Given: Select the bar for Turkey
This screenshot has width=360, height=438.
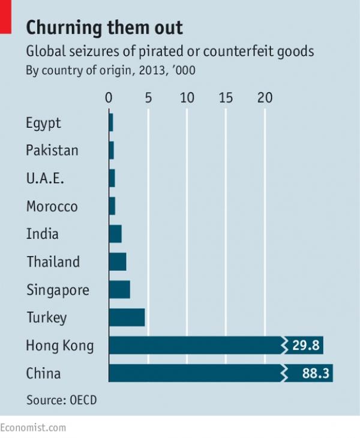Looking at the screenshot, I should point(127,317).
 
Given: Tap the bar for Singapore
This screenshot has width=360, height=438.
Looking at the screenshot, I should point(119,290).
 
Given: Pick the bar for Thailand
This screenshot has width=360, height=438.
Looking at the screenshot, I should point(118,262).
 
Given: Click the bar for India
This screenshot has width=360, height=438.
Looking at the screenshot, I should point(115,234).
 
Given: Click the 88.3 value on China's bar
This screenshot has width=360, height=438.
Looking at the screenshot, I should point(315,373).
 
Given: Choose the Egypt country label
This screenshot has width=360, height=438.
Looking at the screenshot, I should point(43,124).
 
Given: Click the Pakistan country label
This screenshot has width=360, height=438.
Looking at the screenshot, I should point(52,151).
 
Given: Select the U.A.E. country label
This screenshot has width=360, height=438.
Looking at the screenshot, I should point(45,179).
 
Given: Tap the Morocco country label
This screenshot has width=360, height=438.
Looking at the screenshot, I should point(52,206).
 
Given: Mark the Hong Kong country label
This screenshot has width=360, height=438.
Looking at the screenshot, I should point(59,346).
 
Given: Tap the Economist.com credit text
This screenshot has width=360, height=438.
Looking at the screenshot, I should point(33,427).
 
